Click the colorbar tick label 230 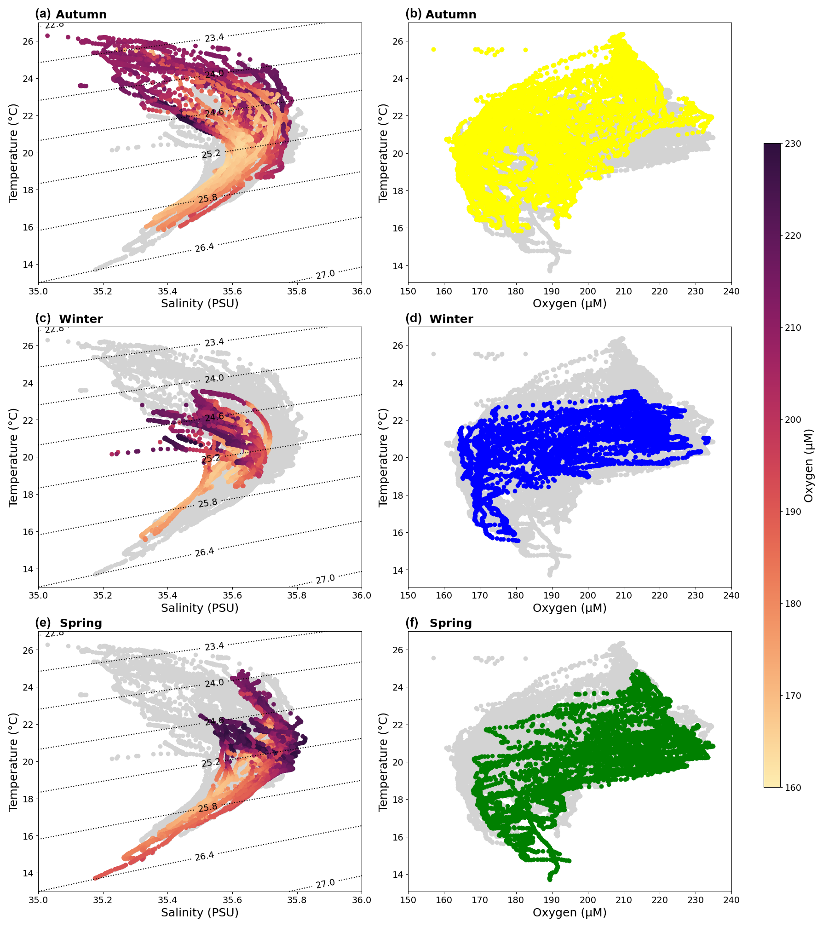tap(793, 144)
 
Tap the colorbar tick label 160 tap(793, 788)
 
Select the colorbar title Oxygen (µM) tap(808, 466)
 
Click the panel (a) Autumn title tap(71, 14)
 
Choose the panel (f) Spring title tap(439, 623)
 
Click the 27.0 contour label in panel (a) tap(325, 275)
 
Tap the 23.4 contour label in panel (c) tap(214, 342)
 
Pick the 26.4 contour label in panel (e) tap(204, 856)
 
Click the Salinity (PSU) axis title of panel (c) tap(200, 608)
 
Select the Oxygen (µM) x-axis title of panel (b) tap(570, 304)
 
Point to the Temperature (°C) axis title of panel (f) tap(383, 761)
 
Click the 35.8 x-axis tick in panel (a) tap(297, 291)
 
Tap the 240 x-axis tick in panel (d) tap(731, 595)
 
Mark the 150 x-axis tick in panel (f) tap(408, 900)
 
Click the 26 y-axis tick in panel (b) tap(397, 41)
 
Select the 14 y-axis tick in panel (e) tap(28, 873)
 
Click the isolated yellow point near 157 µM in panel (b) tap(433, 49)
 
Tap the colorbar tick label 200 tap(793, 420)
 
